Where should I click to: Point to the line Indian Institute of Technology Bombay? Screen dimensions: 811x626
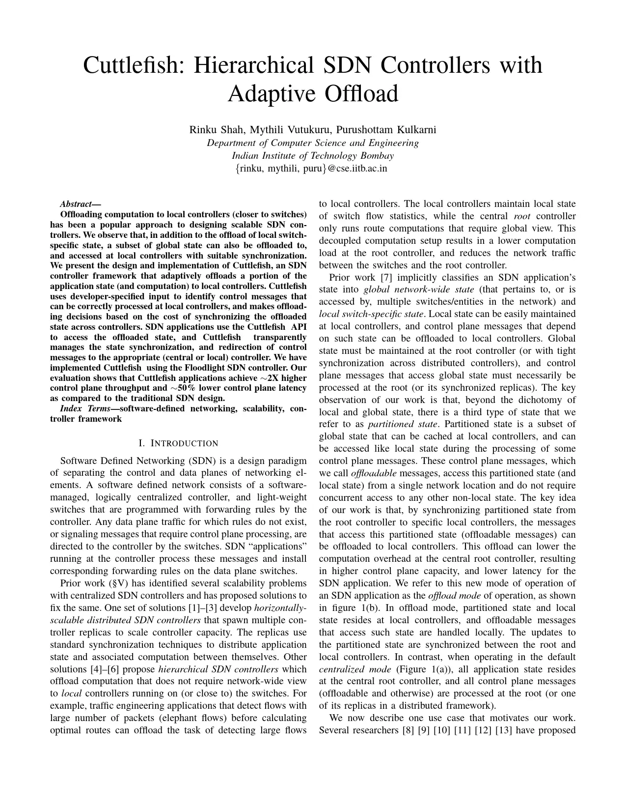pos(313,156)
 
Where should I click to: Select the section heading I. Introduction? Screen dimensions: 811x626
pos(178,443)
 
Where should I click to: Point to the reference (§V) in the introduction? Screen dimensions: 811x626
pos(120,583)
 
